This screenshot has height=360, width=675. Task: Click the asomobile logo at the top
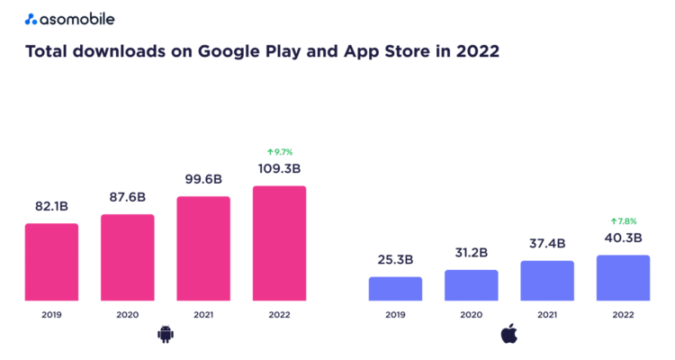click(69, 19)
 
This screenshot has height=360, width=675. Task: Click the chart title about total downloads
click(262, 52)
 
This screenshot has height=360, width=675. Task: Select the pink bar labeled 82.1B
click(51, 262)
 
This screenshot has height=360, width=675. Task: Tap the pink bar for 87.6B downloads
click(127, 257)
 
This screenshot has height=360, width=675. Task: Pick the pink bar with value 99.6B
click(203, 248)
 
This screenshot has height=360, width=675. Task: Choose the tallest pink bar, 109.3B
click(279, 243)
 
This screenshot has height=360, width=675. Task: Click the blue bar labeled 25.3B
click(395, 288)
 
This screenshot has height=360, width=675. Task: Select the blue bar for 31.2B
click(471, 284)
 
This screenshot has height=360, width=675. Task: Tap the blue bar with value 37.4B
click(547, 280)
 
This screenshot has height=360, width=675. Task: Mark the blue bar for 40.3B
click(623, 277)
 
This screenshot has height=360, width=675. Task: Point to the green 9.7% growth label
click(279, 152)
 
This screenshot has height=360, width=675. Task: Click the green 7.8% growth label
click(623, 220)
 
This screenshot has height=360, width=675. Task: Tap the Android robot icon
click(165, 335)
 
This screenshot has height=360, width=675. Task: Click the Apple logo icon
click(508, 335)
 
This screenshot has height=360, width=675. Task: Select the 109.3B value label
click(279, 169)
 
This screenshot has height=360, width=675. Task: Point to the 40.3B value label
click(623, 238)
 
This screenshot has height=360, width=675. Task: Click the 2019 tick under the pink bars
click(51, 315)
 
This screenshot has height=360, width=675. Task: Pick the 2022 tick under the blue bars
click(623, 315)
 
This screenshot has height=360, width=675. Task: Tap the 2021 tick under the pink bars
click(203, 315)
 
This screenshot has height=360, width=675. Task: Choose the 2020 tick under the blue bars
click(471, 315)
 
